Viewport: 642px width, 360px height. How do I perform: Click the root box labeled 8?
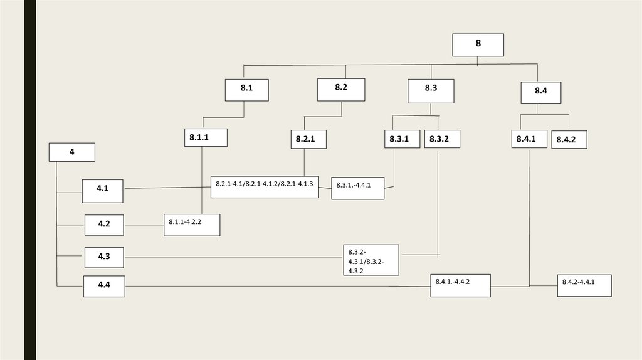(x=478, y=45)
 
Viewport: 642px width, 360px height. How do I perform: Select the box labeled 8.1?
(x=247, y=90)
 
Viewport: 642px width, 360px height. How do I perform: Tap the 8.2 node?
(x=341, y=89)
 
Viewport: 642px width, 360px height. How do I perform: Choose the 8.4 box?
(x=540, y=92)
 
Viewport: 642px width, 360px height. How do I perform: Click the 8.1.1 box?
(x=206, y=137)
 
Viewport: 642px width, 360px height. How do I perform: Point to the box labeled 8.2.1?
(x=308, y=139)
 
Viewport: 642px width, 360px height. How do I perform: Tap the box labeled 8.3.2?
(x=441, y=139)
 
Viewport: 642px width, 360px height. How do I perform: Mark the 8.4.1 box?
(x=529, y=139)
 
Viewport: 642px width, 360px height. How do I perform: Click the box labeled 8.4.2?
(x=569, y=139)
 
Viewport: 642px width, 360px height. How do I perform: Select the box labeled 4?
(x=72, y=152)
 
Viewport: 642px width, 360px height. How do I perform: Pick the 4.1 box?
(x=102, y=190)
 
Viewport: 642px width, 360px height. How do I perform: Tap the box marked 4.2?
(x=104, y=224)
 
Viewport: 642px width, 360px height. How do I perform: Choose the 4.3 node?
(x=104, y=257)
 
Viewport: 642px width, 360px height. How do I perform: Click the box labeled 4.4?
(x=104, y=287)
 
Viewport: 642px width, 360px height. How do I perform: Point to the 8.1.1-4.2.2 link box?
(x=192, y=225)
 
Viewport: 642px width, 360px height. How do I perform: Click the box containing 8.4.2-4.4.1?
(x=584, y=285)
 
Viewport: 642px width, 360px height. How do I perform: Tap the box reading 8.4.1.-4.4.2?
(x=460, y=285)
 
